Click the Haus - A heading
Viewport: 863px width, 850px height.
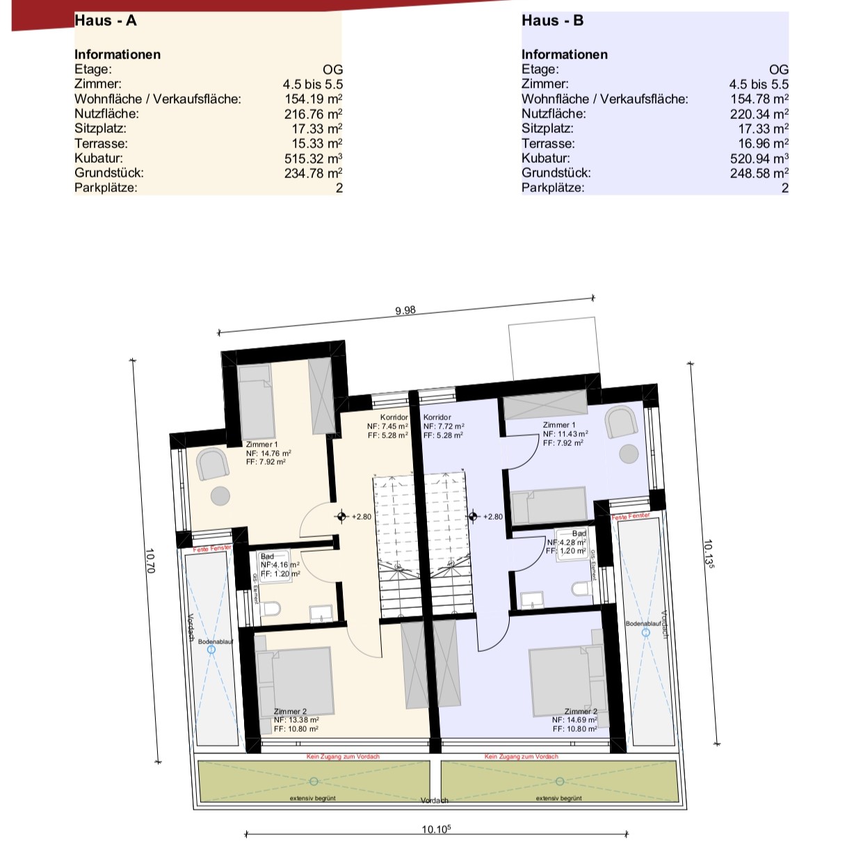coord(105,21)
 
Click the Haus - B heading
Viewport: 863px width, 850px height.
coord(552,21)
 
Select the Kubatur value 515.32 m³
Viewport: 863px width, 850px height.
coord(313,159)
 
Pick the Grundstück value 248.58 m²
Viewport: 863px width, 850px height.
coord(759,173)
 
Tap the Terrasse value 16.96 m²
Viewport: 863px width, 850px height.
coord(763,144)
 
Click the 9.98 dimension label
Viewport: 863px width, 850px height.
coord(405,310)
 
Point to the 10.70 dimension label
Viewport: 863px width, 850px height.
coord(150,561)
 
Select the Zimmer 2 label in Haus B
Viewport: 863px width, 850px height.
coord(581,712)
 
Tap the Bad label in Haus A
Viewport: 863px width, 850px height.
coord(267,556)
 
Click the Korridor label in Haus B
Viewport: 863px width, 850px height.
coord(437,417)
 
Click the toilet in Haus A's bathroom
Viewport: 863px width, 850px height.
coord(271,609)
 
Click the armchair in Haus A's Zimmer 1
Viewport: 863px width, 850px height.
coord(213,464)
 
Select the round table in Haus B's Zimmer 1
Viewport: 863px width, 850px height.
coord(629,454)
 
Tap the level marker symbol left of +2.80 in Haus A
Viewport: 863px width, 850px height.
coord(341,517)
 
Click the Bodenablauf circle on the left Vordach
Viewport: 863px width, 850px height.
coord(211,649)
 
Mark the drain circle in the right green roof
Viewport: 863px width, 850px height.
coord(560,781)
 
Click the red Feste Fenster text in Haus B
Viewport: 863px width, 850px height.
coord(631,516)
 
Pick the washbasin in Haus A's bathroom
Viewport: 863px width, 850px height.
coord(321,614)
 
